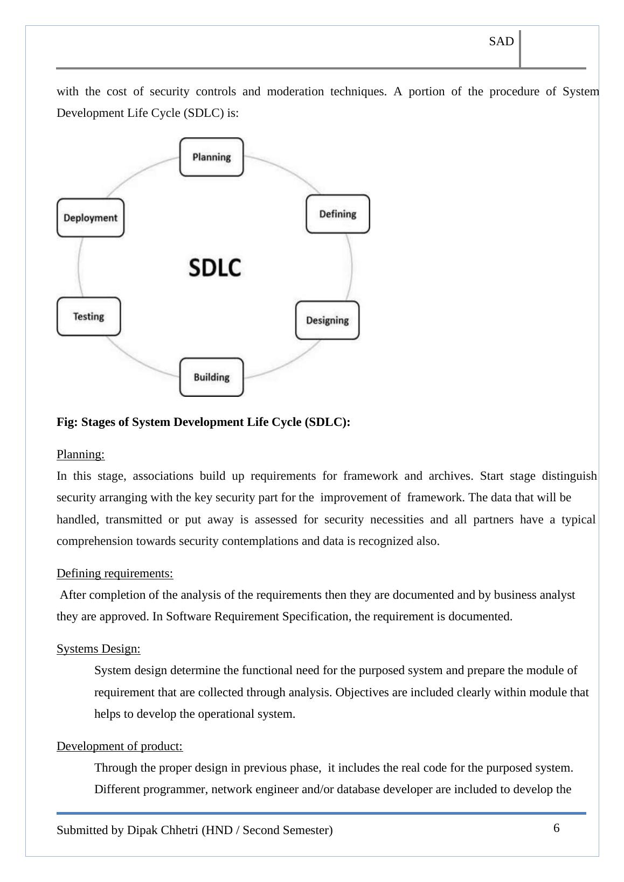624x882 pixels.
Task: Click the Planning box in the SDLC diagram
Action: tap(211, 157)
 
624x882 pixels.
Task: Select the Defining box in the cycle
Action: tap(338, 214)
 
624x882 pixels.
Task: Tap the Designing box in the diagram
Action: tap(327, 320)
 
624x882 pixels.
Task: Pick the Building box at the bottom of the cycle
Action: tap(211, 377)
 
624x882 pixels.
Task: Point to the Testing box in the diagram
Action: tap(88, 317)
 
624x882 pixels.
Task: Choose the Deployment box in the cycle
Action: tap(91, 218)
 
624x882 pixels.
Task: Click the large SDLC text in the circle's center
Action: tap(215, 267)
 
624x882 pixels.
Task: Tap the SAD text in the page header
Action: tap(501, 41)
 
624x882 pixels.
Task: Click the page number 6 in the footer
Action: tap(556, 828)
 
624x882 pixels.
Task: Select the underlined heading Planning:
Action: tap(81, 454)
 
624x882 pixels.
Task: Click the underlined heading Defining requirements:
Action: tap(115, 573)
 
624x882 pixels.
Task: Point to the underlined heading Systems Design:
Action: tap(99, 649)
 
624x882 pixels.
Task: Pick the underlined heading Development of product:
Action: tap(120, 746)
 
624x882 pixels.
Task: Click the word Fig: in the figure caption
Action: tap(67, 422)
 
